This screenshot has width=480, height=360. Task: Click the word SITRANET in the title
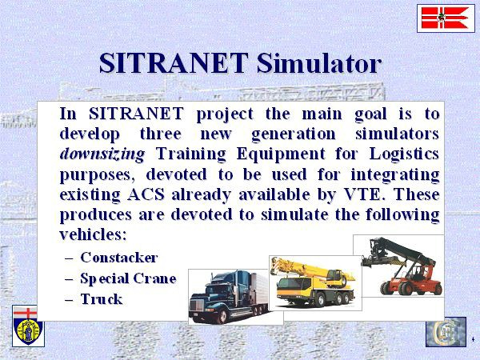(x=174, y=63)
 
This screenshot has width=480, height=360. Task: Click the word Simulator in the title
(x=319, y=63)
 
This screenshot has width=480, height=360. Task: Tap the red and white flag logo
(x=446, y=18)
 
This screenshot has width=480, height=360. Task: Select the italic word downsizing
(x=102, y=154)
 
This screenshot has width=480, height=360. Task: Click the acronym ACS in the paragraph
(x=146, y=194)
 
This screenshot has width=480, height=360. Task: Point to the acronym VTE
(x=365, y=194)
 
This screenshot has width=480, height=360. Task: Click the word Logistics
(x=404, y=154)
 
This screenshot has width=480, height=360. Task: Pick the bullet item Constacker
(x=119, y=258)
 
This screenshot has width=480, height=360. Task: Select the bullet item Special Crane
(x=128, y=278)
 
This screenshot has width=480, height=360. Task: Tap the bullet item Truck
(x=102, y=299)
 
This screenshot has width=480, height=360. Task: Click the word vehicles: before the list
(x=93, y=234)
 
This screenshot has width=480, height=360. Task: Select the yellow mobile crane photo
(x=315, y=282)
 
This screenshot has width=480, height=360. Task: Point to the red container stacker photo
(x=398, y=266)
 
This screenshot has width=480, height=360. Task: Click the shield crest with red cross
(x=28, y=326)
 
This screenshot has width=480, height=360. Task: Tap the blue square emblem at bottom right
(x=446, y=332)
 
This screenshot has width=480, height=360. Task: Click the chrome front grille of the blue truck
(x=197, y=306)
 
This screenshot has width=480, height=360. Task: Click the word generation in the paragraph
(x=294, y=134)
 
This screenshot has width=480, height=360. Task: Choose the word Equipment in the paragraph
(x=281, y=154)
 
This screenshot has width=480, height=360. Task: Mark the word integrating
(x=395, y=174)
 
